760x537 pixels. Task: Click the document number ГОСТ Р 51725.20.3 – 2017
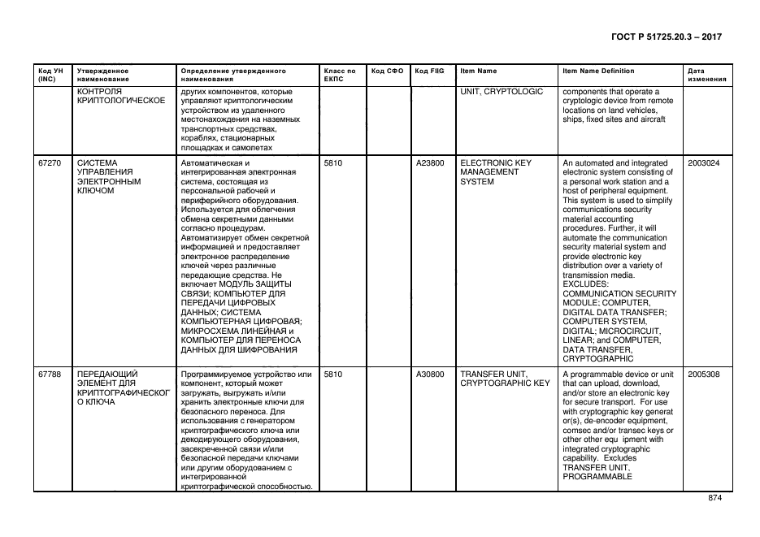pyautogui.click(x=666, y=37)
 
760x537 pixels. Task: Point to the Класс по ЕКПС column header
pyautogui.click(x=339, y=75)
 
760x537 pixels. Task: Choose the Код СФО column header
pyautogui.click(x=387, y=71)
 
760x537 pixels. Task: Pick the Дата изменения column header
pyautogui.click(x=706, y=75)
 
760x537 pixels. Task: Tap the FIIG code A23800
pyautogui.click(x=430, y=163)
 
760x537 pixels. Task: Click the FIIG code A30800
pyautogui.click(x=430, y=375)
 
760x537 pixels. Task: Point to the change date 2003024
pyautogui.click(x=703, y=163)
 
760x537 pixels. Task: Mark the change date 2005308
pyautogui.click(x=703, y=375)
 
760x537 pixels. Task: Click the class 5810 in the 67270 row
pyautogui.click(x=332, y=163)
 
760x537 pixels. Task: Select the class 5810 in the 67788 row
pyautogui.click(x=332, y=375)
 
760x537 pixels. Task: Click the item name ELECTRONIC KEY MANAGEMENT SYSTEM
pyautogui.click(x=495, y=172)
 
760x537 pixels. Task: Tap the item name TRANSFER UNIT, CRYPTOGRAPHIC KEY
pyautogui.click(x=505, y=379)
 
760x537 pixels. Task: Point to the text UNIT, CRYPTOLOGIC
pyautogui.click(x=501, y=92)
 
